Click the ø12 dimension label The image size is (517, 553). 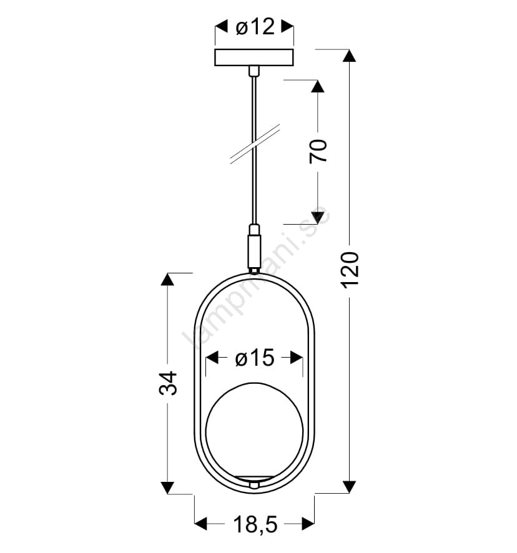(255, 26)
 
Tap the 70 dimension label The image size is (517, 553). (318, 151)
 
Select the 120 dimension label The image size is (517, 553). (350, 270)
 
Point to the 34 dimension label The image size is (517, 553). (167, 383)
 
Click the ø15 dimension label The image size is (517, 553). (255, 358)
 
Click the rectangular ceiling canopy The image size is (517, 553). (254, 57)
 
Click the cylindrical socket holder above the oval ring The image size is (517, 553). (254, 251)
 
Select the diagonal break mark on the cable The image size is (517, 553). (255, 144)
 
